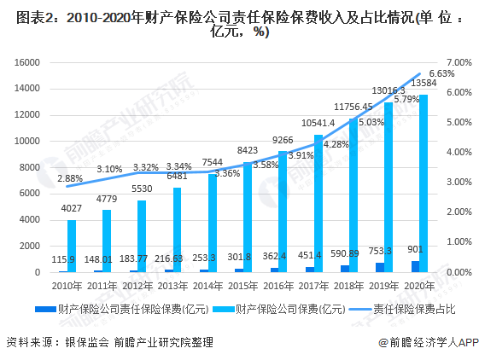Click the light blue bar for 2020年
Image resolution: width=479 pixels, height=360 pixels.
click(424, 183)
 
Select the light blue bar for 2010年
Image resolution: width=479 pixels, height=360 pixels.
click(73, 246)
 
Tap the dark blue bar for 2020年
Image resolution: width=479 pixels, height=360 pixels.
click(414, 266)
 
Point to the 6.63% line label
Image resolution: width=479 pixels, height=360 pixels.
click(441, 74)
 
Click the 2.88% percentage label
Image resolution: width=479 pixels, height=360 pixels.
click(70, 178)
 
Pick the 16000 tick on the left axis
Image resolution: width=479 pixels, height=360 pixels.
click(29, 62)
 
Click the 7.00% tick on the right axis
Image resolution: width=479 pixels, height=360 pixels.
click(459, 62)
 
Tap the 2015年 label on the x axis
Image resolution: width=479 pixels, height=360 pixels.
click(242, 283)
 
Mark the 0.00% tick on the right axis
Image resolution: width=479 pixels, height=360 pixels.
click(459, 272)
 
